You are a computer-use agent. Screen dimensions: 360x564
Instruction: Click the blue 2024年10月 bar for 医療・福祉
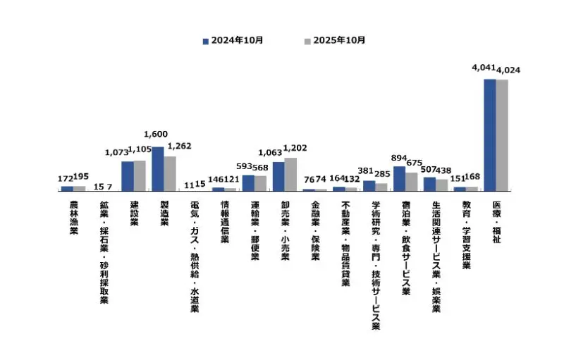489,135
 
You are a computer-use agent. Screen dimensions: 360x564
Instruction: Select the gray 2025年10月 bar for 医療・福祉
502,135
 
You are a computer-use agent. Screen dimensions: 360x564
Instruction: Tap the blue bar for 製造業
158,169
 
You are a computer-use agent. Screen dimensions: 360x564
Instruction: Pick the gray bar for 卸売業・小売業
290,175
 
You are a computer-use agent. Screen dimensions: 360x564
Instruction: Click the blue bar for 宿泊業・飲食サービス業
399,179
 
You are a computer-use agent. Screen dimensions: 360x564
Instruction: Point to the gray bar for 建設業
140,176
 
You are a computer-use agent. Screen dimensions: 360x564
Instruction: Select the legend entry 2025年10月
335,40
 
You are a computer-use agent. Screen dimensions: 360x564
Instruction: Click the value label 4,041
484,68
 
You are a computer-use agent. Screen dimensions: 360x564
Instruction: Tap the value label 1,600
155,135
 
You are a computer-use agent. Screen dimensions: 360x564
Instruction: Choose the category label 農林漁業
73,217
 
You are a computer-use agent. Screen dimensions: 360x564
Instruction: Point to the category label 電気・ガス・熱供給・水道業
195,257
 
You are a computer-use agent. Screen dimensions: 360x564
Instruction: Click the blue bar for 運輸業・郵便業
248,183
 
